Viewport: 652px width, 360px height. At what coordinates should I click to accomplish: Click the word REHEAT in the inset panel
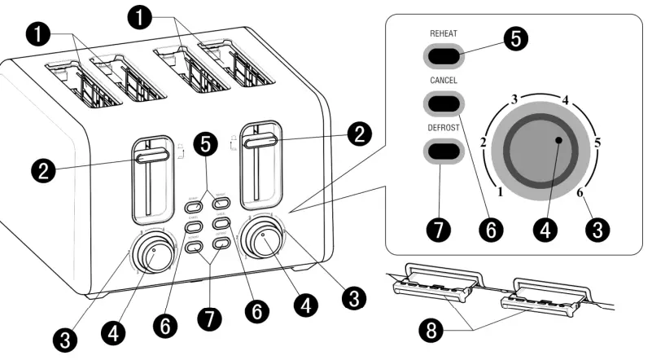tap(443, 34)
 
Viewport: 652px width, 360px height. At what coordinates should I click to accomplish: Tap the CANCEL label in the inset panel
tap(443, 81)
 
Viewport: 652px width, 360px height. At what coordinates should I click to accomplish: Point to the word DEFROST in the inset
tap(444, 128)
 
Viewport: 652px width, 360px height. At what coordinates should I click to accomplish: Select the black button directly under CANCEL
tap(444, 103)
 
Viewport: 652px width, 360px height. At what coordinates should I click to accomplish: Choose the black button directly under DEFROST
tap(444, 151)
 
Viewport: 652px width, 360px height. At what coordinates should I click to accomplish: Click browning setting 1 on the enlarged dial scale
tap(500, 193)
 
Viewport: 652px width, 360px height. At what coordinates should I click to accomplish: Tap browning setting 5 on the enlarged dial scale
tap(597, 142)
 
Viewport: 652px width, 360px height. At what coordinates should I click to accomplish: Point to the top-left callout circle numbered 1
tap(38, 34)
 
